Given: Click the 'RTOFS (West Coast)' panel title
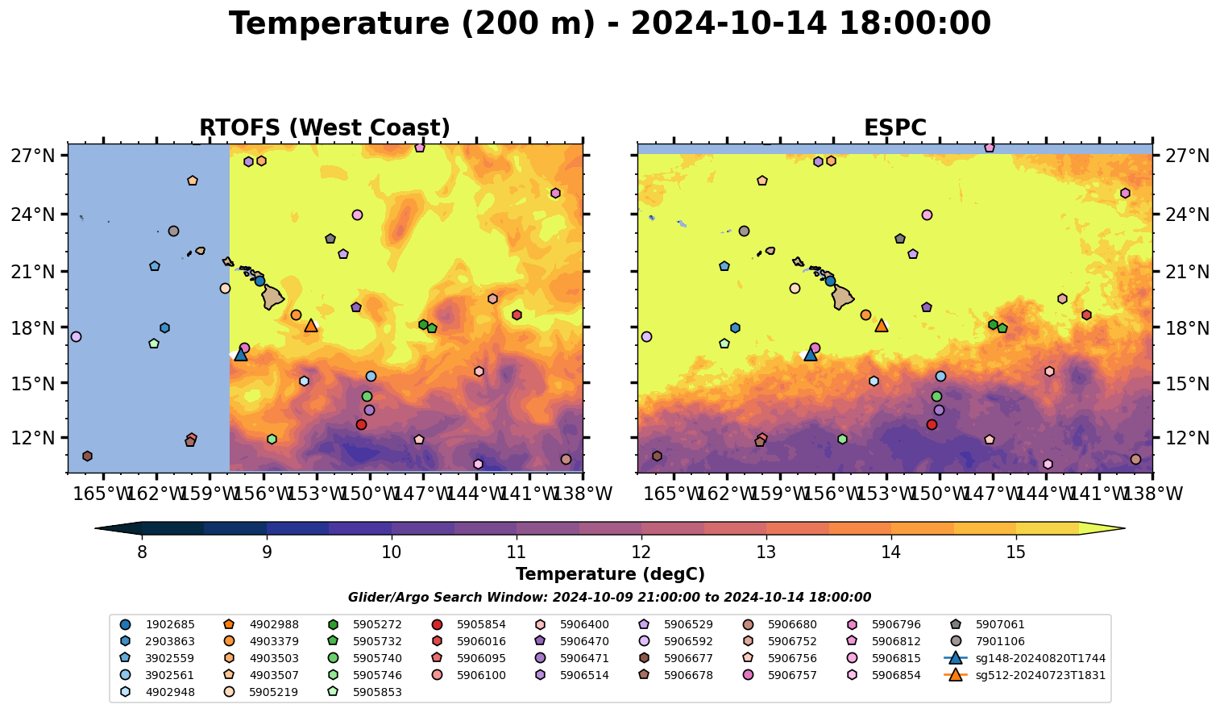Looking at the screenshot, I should [x=324, y=128].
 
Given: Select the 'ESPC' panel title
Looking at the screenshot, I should [x=894, y=128].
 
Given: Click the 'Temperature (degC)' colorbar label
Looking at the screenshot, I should [x=610, y=574].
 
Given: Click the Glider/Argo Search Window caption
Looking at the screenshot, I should [x=609, y=598].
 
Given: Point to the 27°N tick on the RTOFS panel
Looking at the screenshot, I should [x=32, y=156].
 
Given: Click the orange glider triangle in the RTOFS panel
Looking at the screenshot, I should [x=311, y=326].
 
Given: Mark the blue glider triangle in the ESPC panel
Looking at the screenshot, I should [x=810, y=354].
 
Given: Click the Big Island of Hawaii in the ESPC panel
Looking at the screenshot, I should [x=842, y=297].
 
